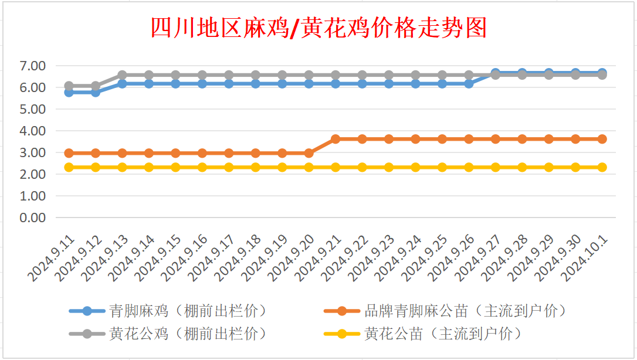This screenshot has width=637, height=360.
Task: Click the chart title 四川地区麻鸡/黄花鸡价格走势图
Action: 318,28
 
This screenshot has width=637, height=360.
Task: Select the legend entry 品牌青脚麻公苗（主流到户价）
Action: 445,311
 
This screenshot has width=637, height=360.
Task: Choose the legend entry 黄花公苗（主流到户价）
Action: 423,334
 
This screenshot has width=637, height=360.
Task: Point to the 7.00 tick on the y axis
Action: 32,66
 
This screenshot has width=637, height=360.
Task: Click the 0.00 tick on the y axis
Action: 32,218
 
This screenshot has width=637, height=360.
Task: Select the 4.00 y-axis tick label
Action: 32,131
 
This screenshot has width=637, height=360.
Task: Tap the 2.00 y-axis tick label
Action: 32,175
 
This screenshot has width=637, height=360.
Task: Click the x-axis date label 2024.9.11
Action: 52,258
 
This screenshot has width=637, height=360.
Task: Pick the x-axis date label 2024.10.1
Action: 585,258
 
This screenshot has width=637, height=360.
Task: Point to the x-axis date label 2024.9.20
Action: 292,258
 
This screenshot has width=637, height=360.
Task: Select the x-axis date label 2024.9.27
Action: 478,258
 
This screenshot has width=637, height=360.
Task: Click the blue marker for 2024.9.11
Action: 69,93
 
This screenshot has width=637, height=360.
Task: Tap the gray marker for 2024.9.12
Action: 96,86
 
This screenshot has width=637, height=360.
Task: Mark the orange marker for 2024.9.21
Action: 336,139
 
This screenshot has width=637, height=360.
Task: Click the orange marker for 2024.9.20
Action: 309,154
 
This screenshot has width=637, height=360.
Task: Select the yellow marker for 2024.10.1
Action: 602,167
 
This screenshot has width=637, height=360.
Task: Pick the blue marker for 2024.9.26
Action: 469,84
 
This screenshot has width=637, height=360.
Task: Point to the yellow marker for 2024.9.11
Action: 69,167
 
